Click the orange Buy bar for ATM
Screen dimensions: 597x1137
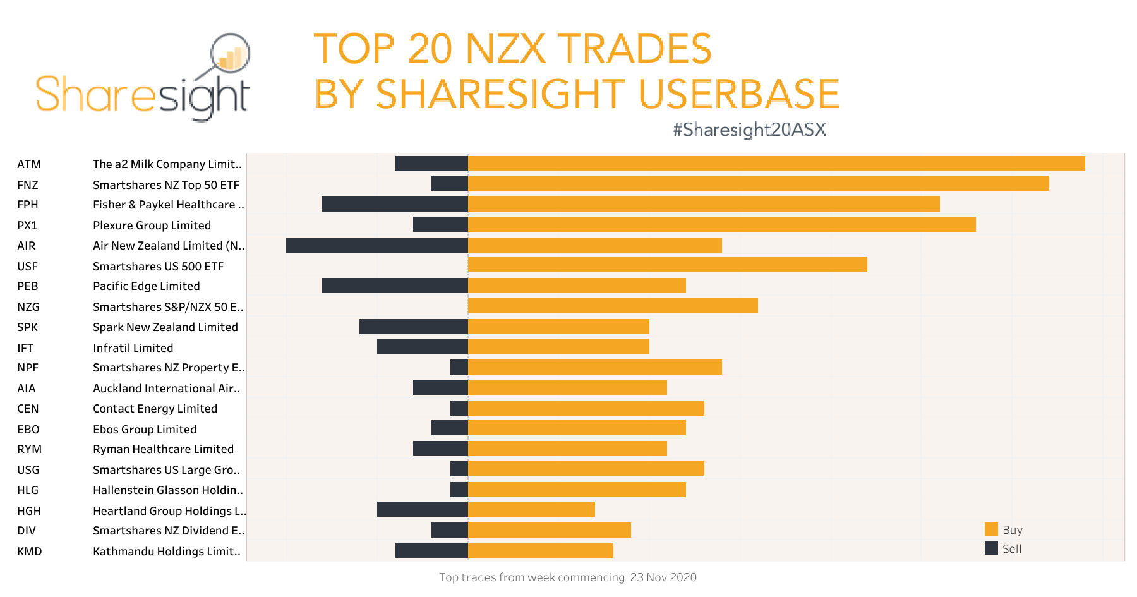pyautogui.click(x=776, y=164)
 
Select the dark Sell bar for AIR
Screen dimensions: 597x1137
pyautogui.click(x=376, y=245)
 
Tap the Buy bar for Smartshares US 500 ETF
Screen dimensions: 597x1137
pyautogui.click(x=667, y=265)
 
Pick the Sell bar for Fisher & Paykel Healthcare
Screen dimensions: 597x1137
pyautogui.click(x=395, y=204)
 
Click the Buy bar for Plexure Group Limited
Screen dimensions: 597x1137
pyautogui.click(x=721, y=224)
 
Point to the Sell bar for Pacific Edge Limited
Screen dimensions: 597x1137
pyautogui.click(x=395, y=286)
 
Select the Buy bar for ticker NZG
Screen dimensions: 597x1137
pyautogui.click(x=613, y=306)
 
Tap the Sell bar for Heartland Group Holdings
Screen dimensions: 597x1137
pyautogui.click(x=422, y=509)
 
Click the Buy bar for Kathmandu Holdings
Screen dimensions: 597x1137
pyautogui.click(x=540, y=550)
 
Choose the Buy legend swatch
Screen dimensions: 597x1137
pyautogui.click(x=991, y=529)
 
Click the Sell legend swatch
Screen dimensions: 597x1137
pyautogui.click(x=991, y=548)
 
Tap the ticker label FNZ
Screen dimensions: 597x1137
pyautogui.click(x=28, y=185)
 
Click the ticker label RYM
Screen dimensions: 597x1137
pyautogui.click(x=29, y=449)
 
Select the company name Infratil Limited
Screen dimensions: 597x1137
pyautogui.click(x=133, y=348)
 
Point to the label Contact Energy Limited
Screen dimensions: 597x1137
pyautogui.click(x=155, y=409)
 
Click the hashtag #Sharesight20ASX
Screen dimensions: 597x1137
pyautogui.click(x=749, y=130)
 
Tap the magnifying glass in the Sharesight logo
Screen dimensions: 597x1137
pyautogui.click(x=230, y=54)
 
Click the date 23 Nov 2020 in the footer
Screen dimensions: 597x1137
pyautogui.click(x=663, y=577)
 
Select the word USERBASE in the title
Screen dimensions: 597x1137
pyautogui.click(x=738, y=93)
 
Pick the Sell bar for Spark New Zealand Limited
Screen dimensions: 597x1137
pyautogui.click(x=413, y=327)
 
